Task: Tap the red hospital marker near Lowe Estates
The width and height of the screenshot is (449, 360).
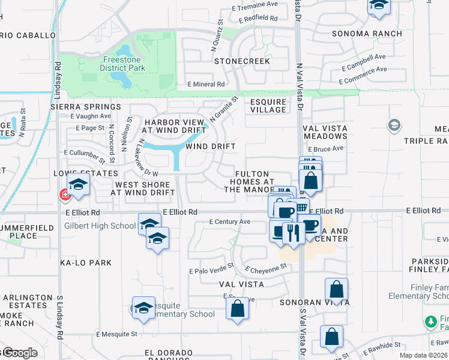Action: (64, 194)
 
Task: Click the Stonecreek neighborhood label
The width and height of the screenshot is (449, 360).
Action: (242, 61)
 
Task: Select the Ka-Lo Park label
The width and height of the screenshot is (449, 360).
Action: (90, 263)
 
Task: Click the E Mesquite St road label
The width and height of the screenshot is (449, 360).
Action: (116, 334)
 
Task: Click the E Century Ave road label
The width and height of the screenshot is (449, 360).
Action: (229, 221)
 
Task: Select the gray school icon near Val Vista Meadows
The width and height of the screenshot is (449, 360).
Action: (394, 125)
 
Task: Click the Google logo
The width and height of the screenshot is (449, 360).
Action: (19, 353)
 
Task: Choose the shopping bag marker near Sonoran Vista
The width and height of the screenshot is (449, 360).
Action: (336, 290)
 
